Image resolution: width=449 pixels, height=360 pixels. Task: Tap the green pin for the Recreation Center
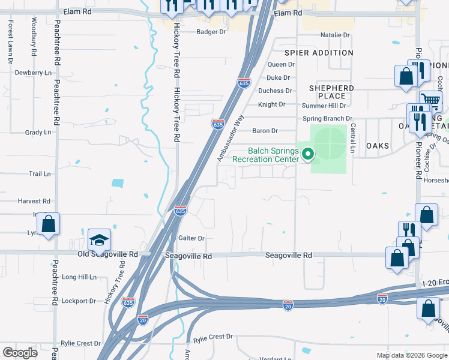pos(309,154)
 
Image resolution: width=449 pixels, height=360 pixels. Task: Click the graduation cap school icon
pos(100,241)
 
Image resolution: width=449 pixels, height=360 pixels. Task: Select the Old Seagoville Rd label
pos(107,254)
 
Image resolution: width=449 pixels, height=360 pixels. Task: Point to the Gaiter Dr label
pos(192,238)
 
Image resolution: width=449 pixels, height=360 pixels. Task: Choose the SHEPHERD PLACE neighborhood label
pos(331,92)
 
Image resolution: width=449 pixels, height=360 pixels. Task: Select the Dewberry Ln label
pos(33,73)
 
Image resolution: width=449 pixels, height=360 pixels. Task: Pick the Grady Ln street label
pos(38,132)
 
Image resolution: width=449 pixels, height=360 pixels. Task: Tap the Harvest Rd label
pos(34,202)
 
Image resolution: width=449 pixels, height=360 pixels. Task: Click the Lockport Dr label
pos(79,301)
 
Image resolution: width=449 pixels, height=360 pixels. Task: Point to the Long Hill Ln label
pos(79,277)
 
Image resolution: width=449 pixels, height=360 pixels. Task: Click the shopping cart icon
pos(430,100)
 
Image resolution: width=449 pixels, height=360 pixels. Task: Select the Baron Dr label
pos(265,130)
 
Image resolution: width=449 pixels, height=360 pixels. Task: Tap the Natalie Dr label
pos(334,35)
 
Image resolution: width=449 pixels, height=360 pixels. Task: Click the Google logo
pos(20,353)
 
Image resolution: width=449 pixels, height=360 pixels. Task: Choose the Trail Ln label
pos(40,174)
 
